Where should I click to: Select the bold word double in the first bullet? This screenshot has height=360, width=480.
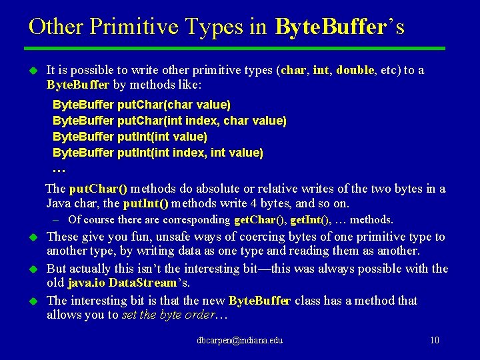pyautogui.click(x=355, y=71)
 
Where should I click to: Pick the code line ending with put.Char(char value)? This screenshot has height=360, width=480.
pyautogui.click(x=141, y=105)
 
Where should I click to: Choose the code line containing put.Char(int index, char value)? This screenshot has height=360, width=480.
pyautogui.click(x=169, y=121)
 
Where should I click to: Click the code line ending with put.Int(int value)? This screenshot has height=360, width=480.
pyautogui.click(x=130, y=137)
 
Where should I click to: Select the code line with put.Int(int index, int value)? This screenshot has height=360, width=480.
pyautogui.click(x=158, y=153)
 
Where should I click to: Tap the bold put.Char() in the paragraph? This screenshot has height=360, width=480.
pyautogui.click(x=99, y=189)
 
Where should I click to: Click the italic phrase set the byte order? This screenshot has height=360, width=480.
pyautogui.click(x=169, y=315)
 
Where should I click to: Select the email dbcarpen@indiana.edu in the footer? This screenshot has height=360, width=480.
pyautogui.click(x=239, y=341)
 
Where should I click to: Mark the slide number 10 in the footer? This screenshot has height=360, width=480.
pyautogui.click(x=435, y=341)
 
